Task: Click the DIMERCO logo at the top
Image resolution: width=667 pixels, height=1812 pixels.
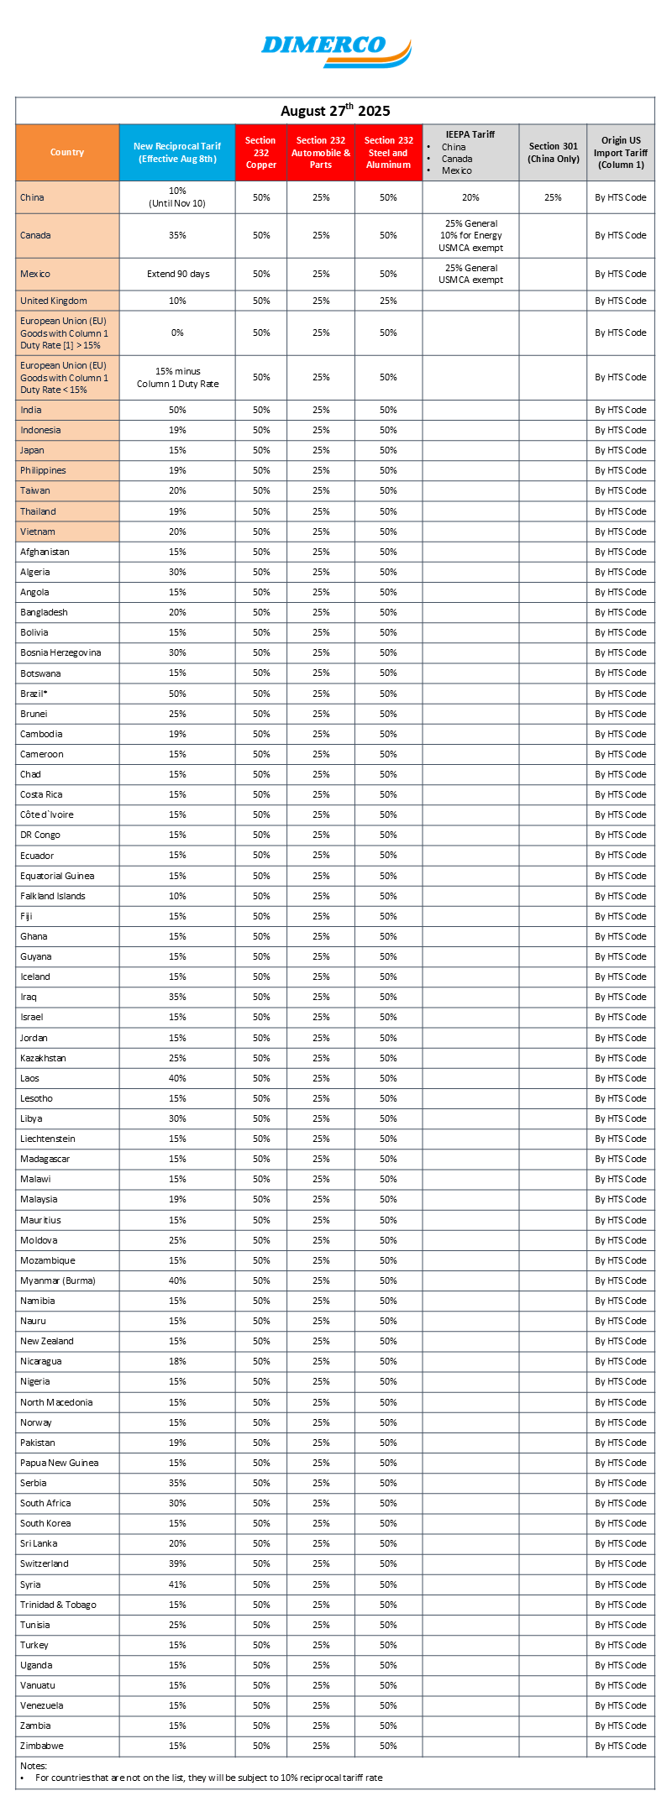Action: point(335,51)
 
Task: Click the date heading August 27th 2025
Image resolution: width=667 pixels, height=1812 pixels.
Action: point(335,111)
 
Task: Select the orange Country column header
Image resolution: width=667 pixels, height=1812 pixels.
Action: point(67,153)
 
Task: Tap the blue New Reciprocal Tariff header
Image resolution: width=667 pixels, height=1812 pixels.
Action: point(177,153)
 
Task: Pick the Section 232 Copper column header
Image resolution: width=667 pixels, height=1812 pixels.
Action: point(261,153)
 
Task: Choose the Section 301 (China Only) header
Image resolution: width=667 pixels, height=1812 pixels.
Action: point(553,153)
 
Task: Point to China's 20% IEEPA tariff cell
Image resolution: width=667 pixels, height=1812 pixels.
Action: point(470,197)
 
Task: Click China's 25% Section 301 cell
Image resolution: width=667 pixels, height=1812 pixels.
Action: point(553,197)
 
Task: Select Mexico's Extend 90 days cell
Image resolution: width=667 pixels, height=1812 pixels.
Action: point(177,274)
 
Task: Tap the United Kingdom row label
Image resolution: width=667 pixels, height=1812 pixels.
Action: point(54,301)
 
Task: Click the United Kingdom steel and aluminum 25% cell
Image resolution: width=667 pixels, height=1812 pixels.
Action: point(388,301)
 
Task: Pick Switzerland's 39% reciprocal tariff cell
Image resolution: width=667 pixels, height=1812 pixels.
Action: point(177,1563)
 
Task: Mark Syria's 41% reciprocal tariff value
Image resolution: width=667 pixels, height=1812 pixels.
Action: point(177,1584)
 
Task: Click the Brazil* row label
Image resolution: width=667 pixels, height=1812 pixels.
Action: point(34,694)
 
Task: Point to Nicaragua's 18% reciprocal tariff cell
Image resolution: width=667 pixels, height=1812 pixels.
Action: point(177,1361)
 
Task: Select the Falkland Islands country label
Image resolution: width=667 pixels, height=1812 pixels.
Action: point(53,896)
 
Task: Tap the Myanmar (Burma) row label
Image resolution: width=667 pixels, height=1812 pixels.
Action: point(58,1280)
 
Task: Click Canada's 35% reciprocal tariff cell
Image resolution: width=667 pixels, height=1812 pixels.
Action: point(177,235)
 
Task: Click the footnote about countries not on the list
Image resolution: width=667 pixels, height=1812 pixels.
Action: point(208,1778)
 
